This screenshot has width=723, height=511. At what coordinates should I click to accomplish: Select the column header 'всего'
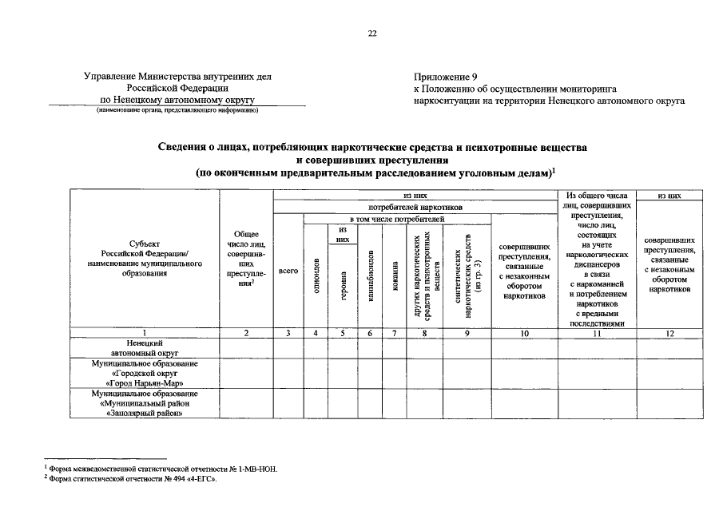tap(288, 271)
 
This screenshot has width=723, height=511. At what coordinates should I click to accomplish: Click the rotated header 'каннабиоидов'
tap(370, 271)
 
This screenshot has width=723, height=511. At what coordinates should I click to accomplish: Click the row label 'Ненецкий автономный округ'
tap(144, 347)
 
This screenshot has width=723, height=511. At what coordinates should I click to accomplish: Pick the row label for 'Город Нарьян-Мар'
tap(144, 373)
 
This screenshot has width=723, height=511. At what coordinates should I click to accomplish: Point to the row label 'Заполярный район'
tap(144, 403)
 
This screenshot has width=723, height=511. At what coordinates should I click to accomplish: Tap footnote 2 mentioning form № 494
tap(132, 481)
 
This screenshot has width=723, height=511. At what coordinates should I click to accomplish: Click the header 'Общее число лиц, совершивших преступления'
tap(247, 263)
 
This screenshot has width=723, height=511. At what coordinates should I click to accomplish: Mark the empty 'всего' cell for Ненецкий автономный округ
tap(288, 347)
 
